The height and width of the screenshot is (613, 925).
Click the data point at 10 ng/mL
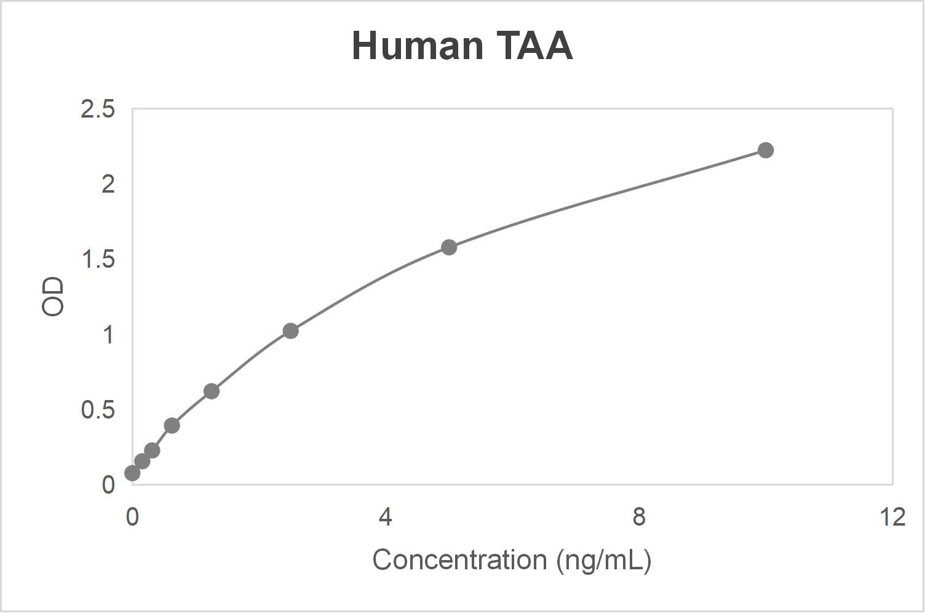765,150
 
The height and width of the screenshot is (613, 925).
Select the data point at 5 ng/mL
449,247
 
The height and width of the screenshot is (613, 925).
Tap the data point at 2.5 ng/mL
290,331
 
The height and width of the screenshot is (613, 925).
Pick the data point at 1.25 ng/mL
211,391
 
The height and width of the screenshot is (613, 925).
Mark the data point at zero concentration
132,473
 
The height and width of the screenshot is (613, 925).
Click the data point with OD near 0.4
172,425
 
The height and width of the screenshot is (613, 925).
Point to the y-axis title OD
53,296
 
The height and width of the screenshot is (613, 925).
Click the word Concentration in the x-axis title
459,560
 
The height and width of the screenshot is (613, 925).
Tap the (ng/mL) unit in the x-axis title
603,560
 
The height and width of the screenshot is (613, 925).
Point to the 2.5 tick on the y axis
98,110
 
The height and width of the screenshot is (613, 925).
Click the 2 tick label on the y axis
108,184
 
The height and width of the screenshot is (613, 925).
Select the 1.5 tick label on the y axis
98,260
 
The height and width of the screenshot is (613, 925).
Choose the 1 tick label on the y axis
108,335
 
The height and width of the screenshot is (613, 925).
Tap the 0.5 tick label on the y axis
98,410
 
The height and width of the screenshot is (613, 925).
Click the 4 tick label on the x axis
385,517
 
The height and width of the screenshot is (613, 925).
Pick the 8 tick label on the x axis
639,517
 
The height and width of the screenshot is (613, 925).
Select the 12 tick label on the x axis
892,517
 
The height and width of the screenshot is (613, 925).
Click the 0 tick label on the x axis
132,517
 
